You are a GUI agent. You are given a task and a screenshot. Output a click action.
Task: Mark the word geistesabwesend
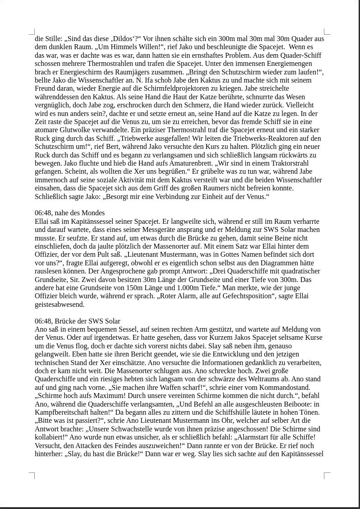coord(60,305)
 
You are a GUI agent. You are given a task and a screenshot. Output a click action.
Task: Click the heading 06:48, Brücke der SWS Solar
coord(78,321)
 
